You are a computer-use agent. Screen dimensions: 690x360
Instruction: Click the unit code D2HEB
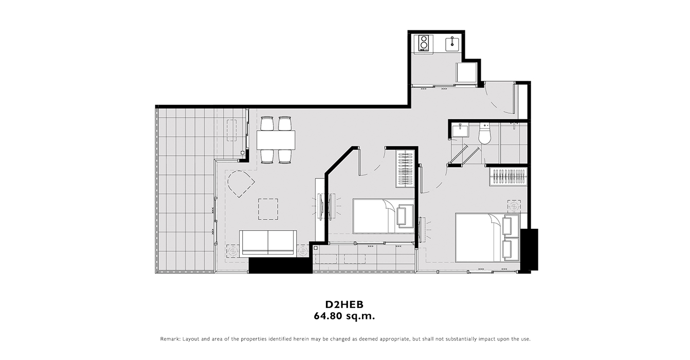(x=344, y=304)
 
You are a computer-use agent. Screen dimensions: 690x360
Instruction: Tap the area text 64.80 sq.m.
(x=344, y=316)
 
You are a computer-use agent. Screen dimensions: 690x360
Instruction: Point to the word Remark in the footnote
(x=170, y=339)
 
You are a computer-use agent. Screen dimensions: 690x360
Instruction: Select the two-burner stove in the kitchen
(x=424, y=43)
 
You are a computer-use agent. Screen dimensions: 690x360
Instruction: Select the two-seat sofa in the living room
(x=268, y=243)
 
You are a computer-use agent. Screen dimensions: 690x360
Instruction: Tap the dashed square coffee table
(x=268, y=209)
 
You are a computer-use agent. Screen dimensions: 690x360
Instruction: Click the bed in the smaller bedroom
(x=384, y=216)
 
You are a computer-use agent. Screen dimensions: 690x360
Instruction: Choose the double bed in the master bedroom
(x=487, y=237)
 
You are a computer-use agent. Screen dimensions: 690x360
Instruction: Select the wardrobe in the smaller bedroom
(x=405, y=169)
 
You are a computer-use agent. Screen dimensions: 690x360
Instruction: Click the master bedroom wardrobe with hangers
(x=509, y=177)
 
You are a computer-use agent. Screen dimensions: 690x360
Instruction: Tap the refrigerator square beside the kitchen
(x=466, y=72)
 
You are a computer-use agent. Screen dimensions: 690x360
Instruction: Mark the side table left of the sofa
(x=232, y=251)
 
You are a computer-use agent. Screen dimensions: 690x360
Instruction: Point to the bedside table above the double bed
(x=514, y=206)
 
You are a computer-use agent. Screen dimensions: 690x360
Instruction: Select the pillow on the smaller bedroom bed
(x=405, y=216)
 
